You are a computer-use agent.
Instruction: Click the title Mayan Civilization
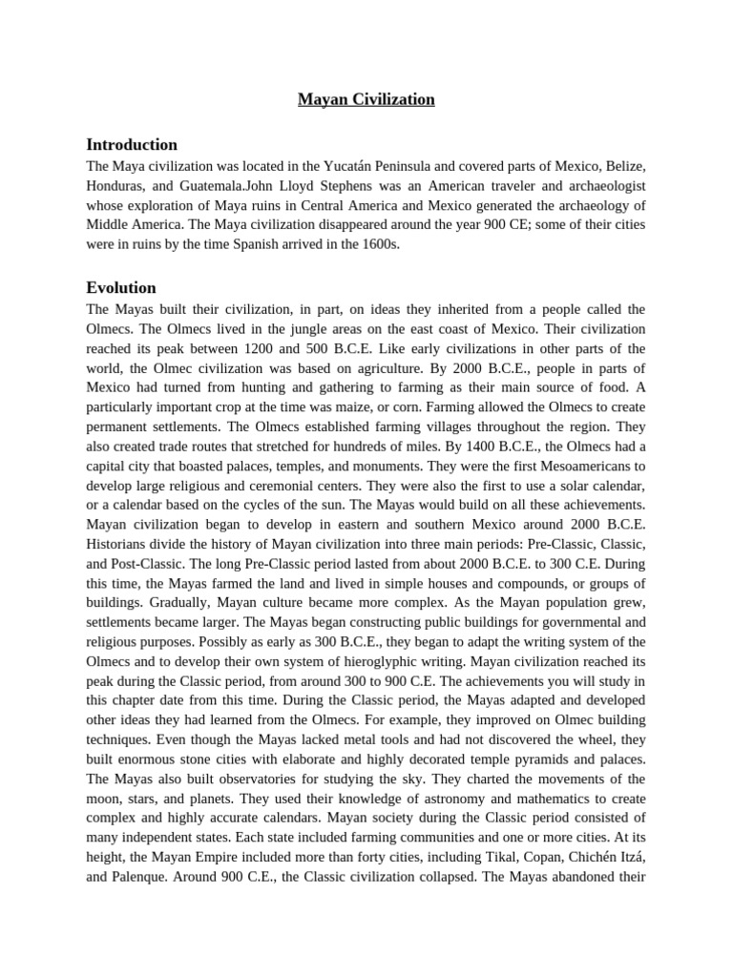(x=366, y=99)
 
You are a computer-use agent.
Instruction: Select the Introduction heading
(x=132, y=145)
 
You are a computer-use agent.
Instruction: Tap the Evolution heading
(x=121, y=287)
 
